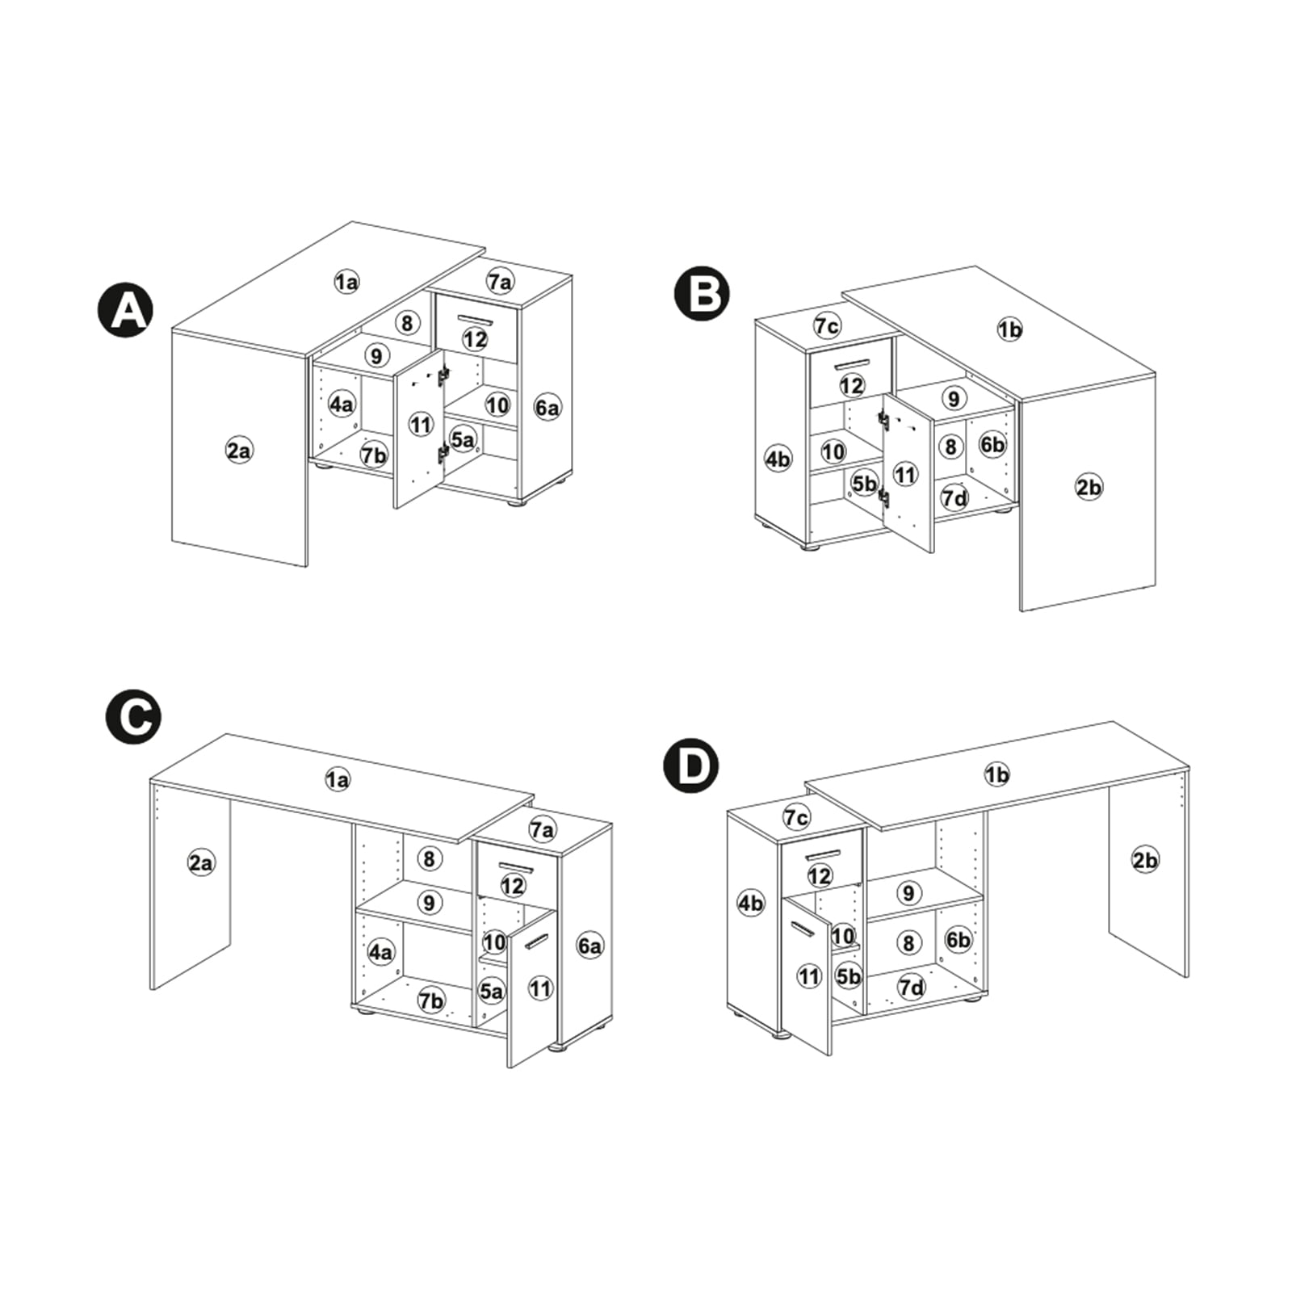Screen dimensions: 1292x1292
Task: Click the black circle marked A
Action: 125,311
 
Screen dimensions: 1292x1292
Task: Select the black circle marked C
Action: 134,716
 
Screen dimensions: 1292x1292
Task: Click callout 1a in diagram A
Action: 346,282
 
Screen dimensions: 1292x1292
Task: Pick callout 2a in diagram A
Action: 239,451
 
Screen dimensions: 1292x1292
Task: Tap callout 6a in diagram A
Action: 547,408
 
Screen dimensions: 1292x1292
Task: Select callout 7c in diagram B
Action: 827,325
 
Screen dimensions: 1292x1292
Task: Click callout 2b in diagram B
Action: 1089,487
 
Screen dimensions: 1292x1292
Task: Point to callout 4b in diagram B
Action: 778,459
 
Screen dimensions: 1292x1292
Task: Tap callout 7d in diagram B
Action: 955,497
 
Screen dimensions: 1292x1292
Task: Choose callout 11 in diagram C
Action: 540,988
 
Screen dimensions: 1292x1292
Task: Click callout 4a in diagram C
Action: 381,951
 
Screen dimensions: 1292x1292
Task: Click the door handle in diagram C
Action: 536,942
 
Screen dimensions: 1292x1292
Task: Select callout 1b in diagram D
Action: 997,775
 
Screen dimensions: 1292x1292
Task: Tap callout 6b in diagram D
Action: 959,940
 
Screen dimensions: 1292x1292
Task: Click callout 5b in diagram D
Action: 849,976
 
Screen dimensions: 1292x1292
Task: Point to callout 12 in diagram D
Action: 820,875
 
